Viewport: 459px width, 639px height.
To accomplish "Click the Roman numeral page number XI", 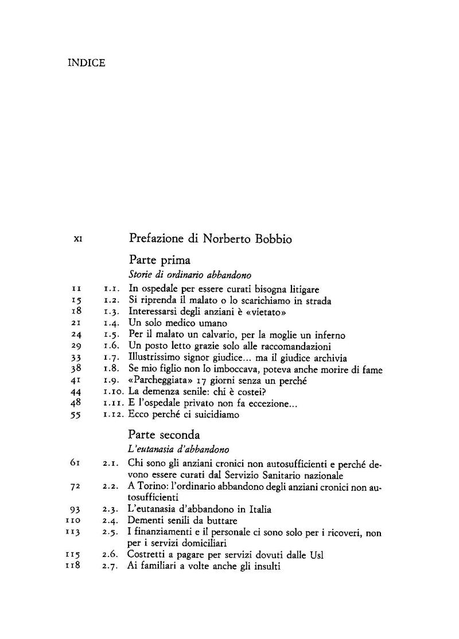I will pos(79,240).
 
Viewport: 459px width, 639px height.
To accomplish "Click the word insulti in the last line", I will pos(265,567).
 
